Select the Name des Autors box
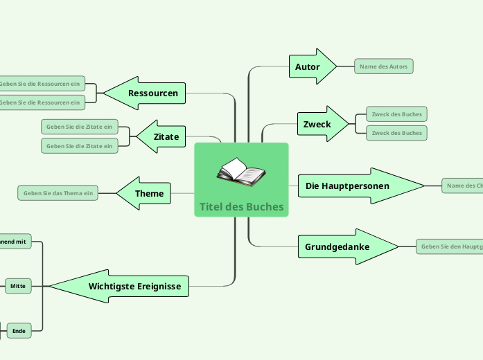(383, 66)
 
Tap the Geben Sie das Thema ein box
(58, 193)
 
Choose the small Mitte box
(18, 285)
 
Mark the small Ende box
(18, 332)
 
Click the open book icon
(240, 172)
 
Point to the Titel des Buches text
(241, 206)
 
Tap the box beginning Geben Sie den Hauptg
(450, 246)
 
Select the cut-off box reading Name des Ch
(463, 186)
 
